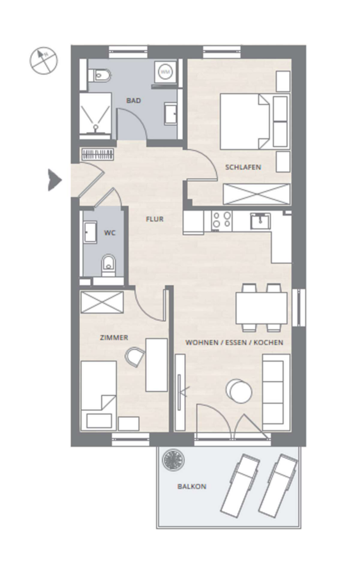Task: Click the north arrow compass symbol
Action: point(43,61)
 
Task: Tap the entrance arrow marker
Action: point(55,180)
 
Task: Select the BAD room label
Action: point(134,100)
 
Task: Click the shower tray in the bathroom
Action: point(95,114)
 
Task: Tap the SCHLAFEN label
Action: point(243,167)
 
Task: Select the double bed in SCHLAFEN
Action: point(254,121)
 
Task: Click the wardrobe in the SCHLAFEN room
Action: point(256,193)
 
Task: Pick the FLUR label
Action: point(155,219)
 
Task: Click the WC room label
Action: point(110,233)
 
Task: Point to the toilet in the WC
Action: point(108,264)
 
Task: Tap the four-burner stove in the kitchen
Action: point(222,220)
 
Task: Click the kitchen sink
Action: point(260,221)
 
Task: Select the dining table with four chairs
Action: point(262,308)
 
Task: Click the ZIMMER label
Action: point(114,338)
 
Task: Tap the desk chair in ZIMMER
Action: point(135,356)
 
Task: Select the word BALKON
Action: point(192,487)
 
